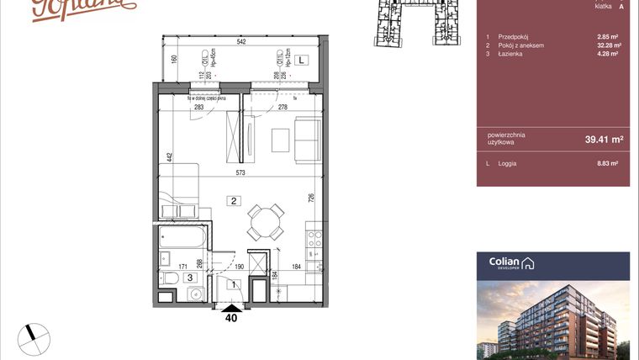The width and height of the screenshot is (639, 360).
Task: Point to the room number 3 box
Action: click(x=190, y=276)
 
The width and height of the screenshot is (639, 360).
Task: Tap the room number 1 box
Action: click(x=234, y=285)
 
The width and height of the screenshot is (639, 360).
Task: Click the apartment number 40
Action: click(x=230, y=318)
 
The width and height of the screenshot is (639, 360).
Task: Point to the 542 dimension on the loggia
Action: click(x=240, y=40)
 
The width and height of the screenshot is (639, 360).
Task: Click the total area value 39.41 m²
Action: click(x=604, y=139)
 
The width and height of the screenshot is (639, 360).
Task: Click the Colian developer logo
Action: click(x=511, y=264)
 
